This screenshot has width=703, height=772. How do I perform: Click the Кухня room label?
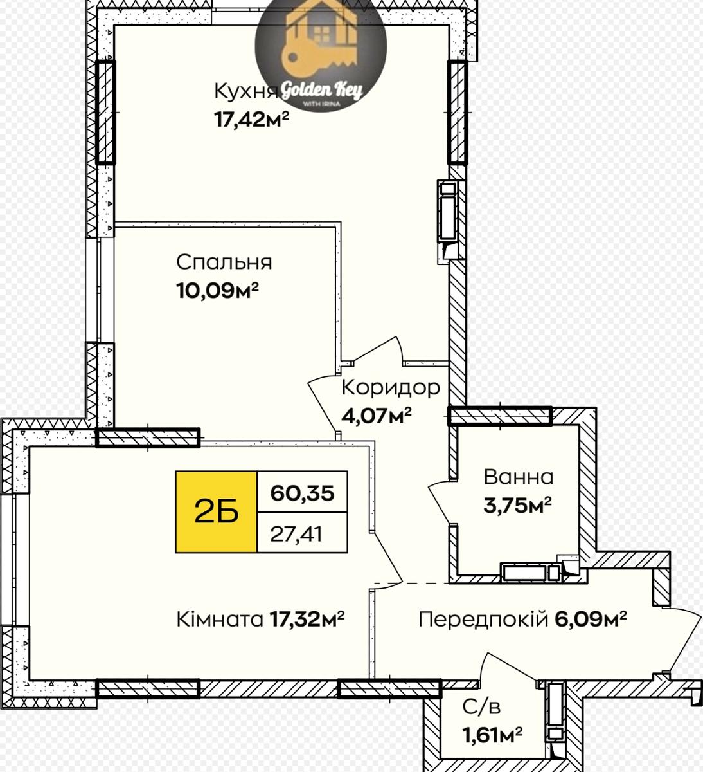[246, 91]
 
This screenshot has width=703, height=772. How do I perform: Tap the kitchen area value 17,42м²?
[251, 119]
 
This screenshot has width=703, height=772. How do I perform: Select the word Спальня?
[224, 262]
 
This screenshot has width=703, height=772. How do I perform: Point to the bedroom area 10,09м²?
[217, 291]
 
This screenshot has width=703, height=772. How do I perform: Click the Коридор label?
[391, 388]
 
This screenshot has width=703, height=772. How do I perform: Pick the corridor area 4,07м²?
[377, 416]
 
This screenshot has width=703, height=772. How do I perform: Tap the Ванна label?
[519, 477]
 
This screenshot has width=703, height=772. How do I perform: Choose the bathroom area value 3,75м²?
[518, 505]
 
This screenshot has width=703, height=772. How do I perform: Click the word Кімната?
[220, 620]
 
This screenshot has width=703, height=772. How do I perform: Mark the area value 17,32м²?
[307, 620]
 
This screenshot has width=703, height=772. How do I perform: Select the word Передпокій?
[483, 620]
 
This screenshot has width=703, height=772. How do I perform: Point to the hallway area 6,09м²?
[591, 620]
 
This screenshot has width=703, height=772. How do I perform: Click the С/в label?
[481, 708]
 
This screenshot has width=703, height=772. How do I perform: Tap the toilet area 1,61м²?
[492, 735]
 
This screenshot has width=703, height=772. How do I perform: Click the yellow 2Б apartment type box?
[216, 512]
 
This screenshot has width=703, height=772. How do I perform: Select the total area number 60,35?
[302, 493]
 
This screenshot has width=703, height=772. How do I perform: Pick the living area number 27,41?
[296, 534]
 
